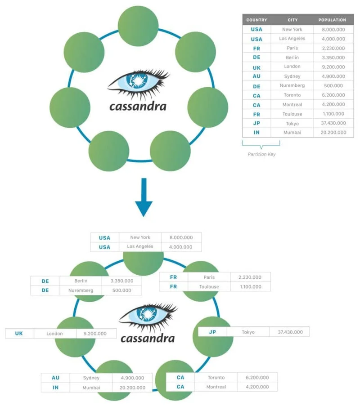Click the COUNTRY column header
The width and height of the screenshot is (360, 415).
(x=256, y=20)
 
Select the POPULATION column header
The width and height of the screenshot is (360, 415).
(x=332, y=20)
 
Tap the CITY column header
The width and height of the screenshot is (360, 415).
(x=292, y=20)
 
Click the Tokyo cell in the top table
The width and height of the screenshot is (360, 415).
(x=292, y=123)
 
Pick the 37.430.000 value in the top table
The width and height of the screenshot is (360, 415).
(x=333, y=123)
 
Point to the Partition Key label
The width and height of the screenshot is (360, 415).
(x=261, y=154)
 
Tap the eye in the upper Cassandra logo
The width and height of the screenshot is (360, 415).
(x=138, y=82)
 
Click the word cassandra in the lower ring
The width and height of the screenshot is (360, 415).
(x=147, y=338)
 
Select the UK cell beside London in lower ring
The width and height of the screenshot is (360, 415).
(x=19, y=334)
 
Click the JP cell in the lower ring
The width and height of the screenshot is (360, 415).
(x=213, y=332)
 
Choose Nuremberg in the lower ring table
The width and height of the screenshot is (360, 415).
(x=81, y=290)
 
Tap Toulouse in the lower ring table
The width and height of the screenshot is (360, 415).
(x=209, y=286)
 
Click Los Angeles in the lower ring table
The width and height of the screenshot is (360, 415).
(x=140, y=247)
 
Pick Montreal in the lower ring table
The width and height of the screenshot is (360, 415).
(x=216, y=387)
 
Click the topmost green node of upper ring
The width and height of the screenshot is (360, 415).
(x=138, y=26)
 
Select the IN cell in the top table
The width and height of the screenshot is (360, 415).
(x=256, y=133)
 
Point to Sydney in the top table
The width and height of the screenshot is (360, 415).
(x=292, y=76)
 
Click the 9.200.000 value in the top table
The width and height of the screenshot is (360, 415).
(x=333, y=67)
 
